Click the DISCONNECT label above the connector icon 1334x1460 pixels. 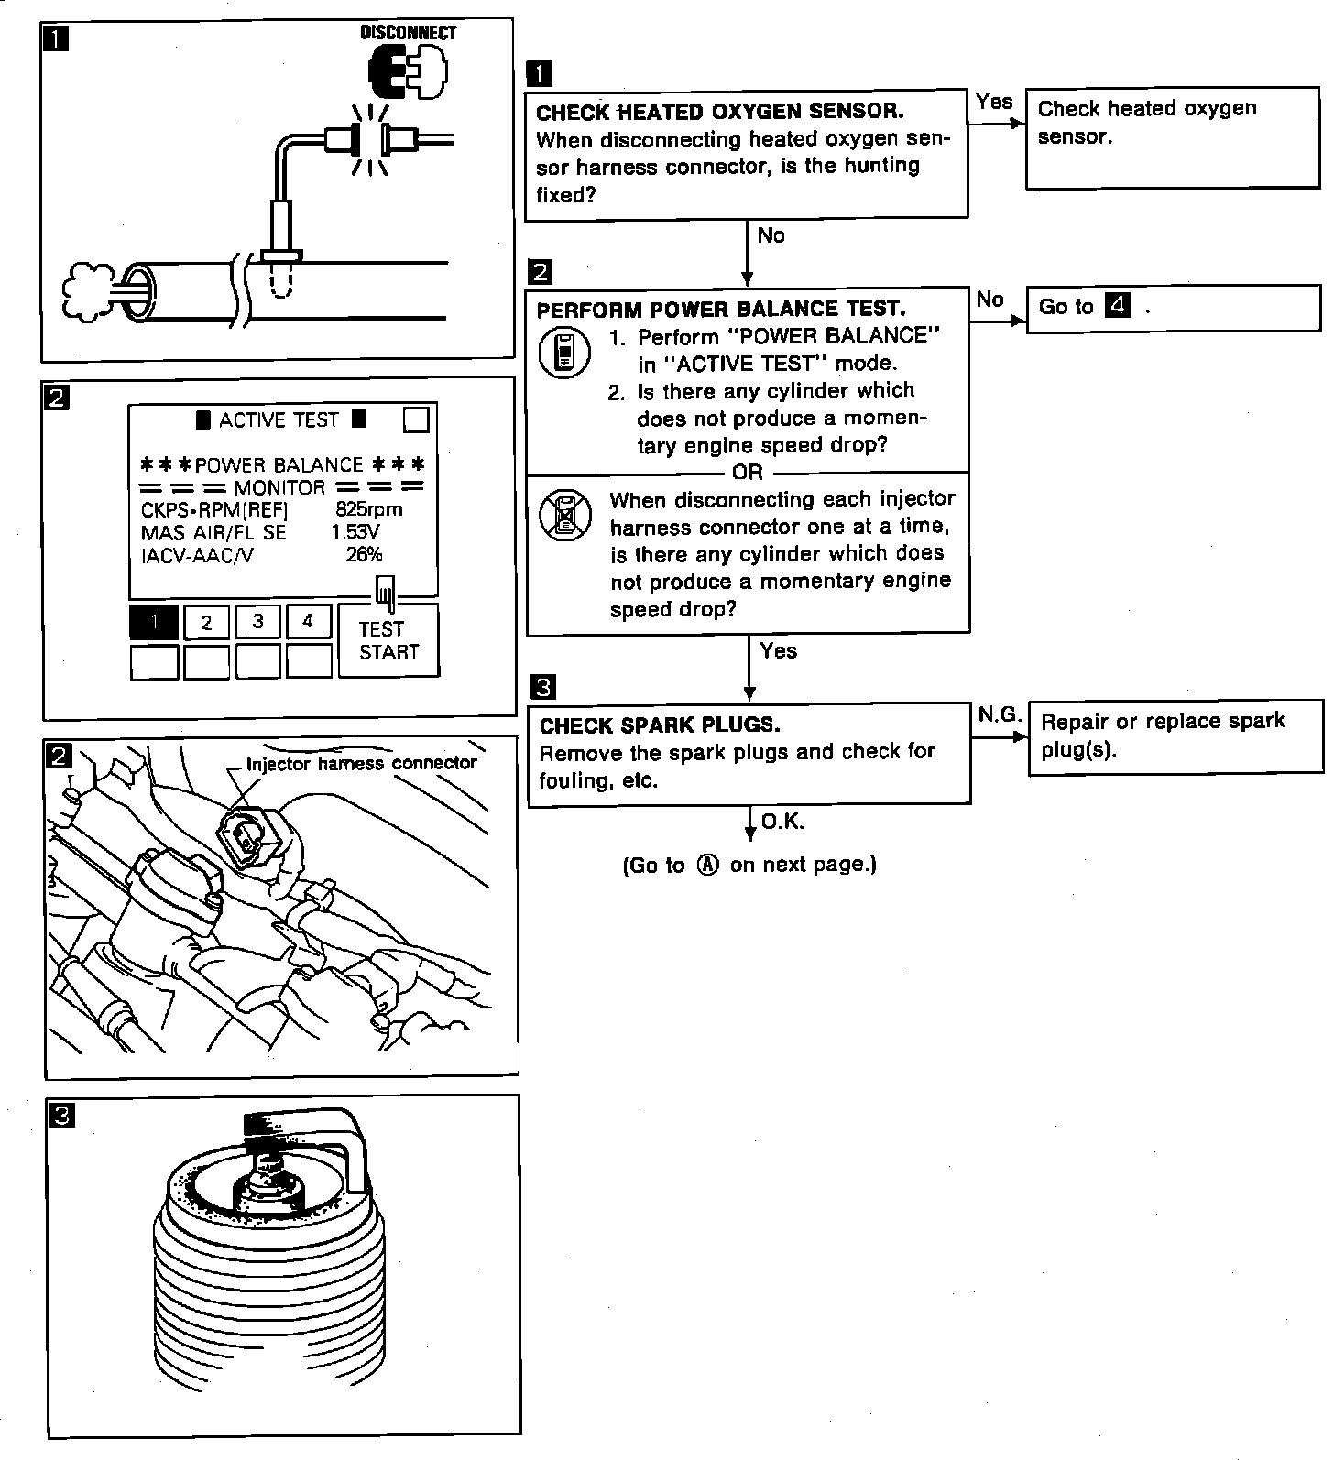[x=408, y=33]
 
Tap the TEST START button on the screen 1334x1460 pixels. [x=388, y=640]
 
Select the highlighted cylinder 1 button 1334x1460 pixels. [x=154, y=623]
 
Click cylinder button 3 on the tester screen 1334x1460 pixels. [x=257, y=622]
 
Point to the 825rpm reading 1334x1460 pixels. [x=368, y=509]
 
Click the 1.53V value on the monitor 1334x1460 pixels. [x=355, y=532]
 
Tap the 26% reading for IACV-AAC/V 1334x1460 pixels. [x=364, y=554]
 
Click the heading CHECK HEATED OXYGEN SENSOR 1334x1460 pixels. [x=719, y=112]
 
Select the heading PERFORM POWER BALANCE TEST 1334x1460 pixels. [x=720, y=309]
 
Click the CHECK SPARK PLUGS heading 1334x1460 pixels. [x=660, y=725]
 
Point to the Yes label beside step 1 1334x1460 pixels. [x=994, y=102]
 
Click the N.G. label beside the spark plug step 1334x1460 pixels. [x=999, y=714]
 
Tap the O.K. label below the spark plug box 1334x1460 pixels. [x=782, y=822]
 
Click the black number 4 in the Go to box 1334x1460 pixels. [x=1117, y=305]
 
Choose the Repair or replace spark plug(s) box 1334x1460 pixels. [x=1175, y=737]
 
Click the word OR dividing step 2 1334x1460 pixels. [x=748, y=473]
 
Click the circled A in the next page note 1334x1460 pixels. [x=707, y=865]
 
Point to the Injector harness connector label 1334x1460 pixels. [x=361, y=763]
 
